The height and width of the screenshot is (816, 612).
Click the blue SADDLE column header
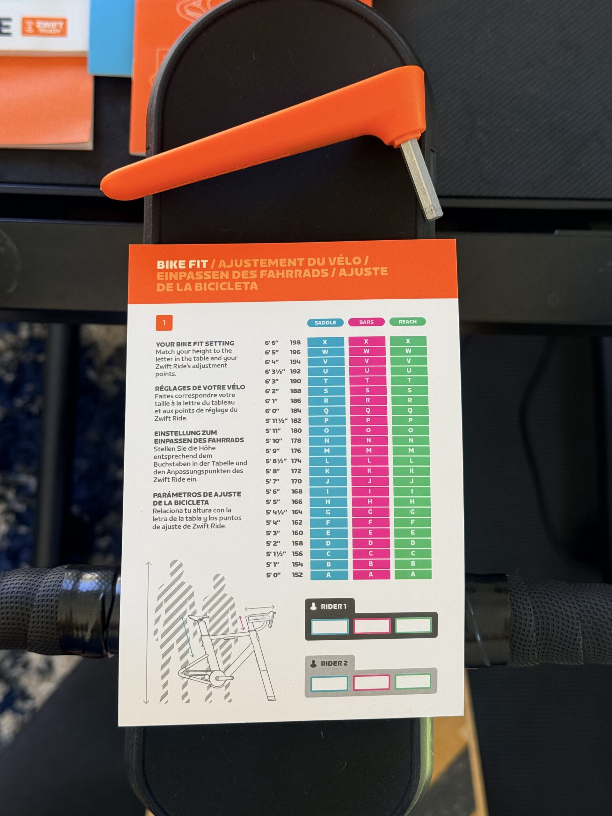[325, 323]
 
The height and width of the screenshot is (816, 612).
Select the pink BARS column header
[366, 322]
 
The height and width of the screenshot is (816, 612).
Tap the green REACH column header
[407, 322]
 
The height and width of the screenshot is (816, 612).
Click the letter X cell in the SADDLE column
[325, 342]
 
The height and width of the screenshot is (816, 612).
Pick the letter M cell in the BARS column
[369, 450]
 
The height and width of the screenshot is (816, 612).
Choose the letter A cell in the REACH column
[413, 574]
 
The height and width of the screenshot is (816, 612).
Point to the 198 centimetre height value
[295, 342]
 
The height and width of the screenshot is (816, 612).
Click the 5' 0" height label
[273, 575]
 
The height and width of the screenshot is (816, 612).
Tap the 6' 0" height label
[272, 411]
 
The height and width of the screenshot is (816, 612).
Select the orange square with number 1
[164, 323]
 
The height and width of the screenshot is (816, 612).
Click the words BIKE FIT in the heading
[182, 265]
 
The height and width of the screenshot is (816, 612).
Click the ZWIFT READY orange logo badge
[44, 27]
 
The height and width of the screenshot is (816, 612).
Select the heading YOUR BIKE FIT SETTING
[195, 343]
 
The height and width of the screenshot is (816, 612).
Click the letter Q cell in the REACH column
[410, 410]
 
